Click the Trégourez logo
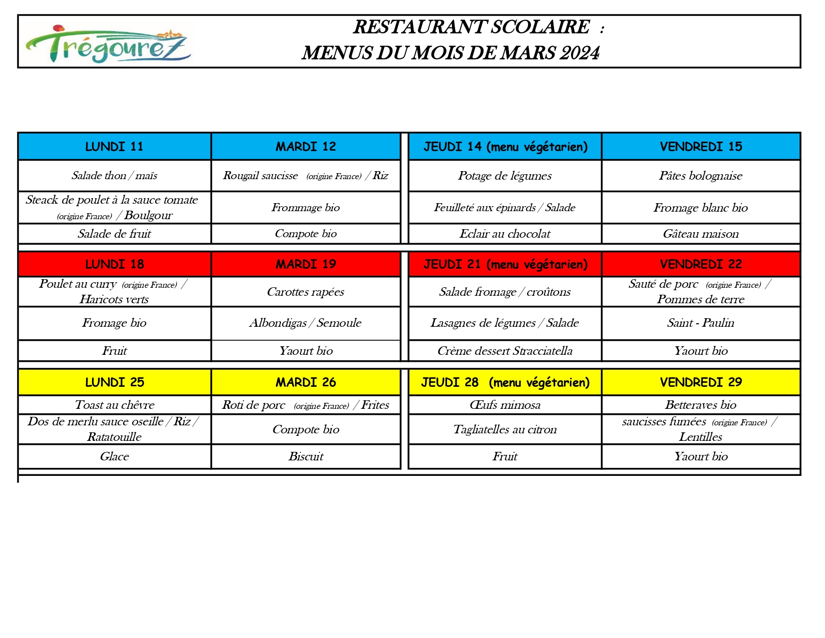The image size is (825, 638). pos(108,44)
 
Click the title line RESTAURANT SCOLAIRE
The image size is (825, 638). pos(471,27)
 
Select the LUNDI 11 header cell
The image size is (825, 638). pos(114,147)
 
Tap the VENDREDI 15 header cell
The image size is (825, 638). pos(700,147)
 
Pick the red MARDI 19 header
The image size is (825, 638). pos(306,264)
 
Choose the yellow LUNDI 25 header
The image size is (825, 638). pos(114,382)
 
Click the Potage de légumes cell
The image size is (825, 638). pos(504,176)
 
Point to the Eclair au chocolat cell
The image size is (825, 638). pos(504,234)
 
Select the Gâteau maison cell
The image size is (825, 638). pos(700,234)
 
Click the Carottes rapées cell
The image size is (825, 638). pos(305,292)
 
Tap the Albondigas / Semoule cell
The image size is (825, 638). pos(305,323)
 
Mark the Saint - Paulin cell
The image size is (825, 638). pos(700,323)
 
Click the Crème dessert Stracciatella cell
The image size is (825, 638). pos(504,351)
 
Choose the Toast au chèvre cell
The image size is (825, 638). pos(114,405)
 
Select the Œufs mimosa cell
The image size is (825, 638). pos(504,405)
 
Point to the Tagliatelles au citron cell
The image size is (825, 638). pos(504,429)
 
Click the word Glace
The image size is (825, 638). pos(114,456)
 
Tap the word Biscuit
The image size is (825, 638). pos(306,456)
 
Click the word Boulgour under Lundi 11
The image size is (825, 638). pos(148,215)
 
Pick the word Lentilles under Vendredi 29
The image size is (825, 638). pos(700,437)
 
